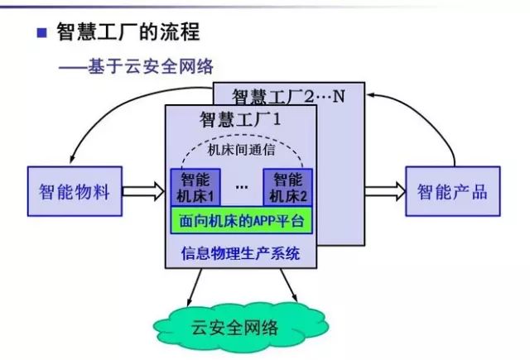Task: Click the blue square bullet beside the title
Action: (41, 32)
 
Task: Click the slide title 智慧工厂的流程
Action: (128, 31)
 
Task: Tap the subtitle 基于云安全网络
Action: (151, 66)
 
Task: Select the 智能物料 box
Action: (75, 191)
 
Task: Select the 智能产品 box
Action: (453, 191)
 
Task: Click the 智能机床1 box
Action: (195, 187)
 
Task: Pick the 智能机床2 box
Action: (287, 187)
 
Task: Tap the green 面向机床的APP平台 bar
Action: (241, 220)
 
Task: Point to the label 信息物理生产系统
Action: (240, 253)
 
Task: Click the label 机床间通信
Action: (241, 150)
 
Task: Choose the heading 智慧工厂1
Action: (240, 119)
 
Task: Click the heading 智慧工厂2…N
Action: (288, 96)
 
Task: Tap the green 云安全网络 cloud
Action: (241, 326)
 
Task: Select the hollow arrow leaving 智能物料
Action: (143, 191)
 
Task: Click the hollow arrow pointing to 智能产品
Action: (385, 191)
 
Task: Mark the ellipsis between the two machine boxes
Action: (242, 187)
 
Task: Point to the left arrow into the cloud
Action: (195, 287)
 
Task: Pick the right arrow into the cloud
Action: (289, 286)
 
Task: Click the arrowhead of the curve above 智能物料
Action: (72, 159)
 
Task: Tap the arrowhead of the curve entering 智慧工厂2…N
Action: (371, 95)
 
